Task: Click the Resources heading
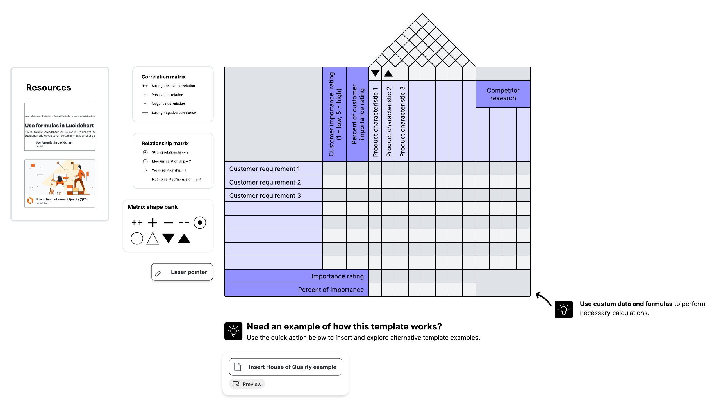49,87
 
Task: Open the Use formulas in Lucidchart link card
60,127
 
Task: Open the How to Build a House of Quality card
60,183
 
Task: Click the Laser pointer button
182,272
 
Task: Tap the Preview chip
247,384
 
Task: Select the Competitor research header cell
503,94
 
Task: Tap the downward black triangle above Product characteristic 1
375,73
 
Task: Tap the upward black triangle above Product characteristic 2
388,74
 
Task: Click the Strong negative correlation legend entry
174,113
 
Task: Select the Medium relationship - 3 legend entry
171,161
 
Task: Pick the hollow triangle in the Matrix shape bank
153,238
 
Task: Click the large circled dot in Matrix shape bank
200,223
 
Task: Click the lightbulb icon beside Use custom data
563,310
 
